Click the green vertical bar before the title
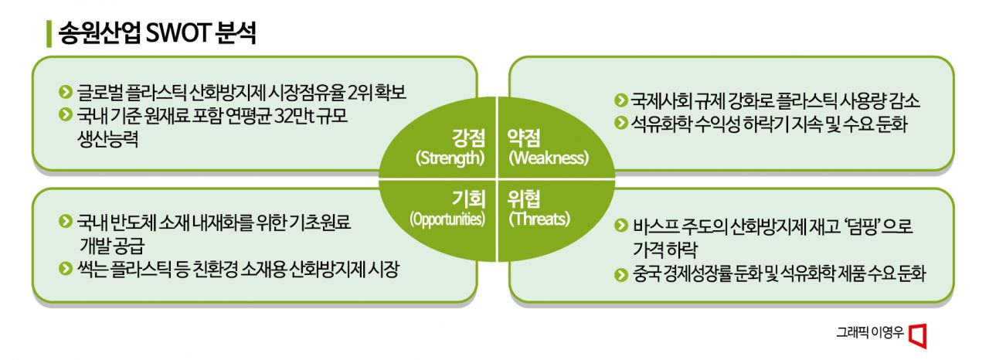tap(49, 34)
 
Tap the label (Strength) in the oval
tap(450, 158)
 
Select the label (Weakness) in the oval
tap(549, 158)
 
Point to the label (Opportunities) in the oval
tap(447, 219)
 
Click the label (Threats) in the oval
tap(539, 219)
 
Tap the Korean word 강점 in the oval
tap(468, 138)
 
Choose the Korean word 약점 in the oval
tap(524, 138)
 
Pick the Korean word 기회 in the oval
tap(468, 199)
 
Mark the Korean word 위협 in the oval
tap(524, 199)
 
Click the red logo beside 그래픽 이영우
tap(918, 335)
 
